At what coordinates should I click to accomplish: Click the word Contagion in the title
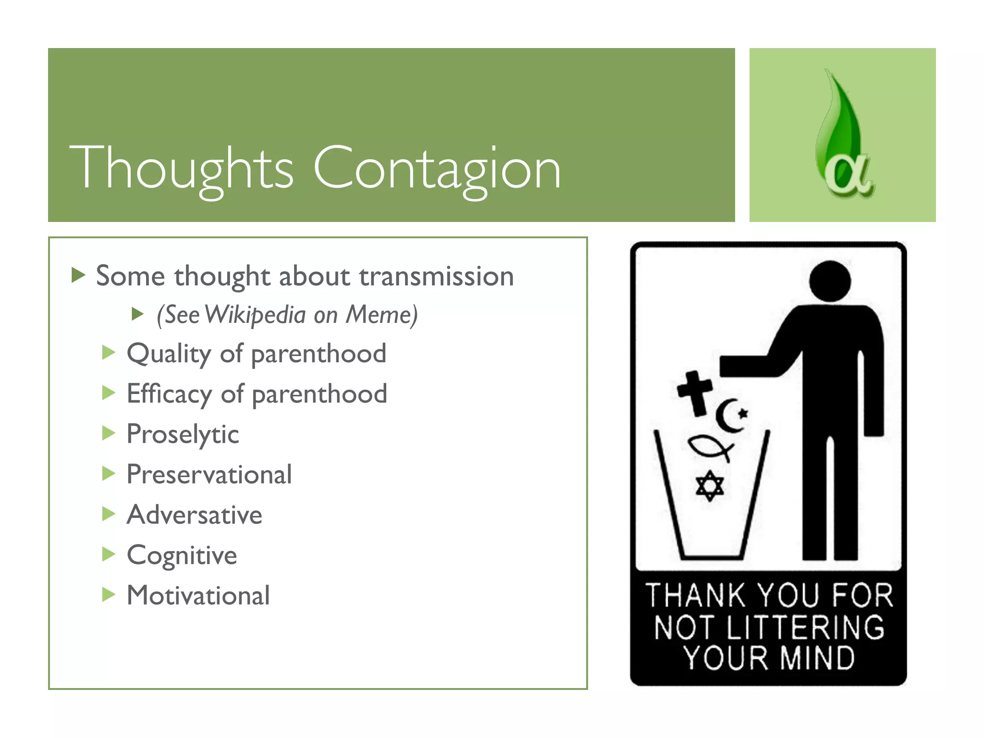pos(437,168)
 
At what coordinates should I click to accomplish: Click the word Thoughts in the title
pos(182,168)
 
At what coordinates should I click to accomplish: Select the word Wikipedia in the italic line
pos(255,315)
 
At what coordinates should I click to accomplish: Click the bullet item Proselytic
pos(183,435)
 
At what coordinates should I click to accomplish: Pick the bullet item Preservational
pos(209,475)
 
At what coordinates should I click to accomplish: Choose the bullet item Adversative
pos(194,515)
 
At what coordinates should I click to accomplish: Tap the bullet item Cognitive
pos(182,555)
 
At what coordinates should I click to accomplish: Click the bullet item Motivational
pos(198,596)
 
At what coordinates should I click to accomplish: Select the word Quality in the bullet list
pos(169,355)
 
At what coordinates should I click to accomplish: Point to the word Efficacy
pos(169,394)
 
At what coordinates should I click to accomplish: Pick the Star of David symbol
pos(710,486)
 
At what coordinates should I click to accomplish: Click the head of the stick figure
pos(830,281)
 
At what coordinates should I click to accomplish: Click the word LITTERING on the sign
pos(805,627)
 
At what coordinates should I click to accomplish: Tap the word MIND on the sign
pos(817,658)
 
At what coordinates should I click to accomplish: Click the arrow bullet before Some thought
pos(78,276)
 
